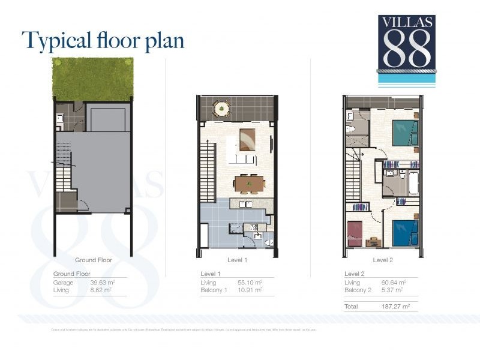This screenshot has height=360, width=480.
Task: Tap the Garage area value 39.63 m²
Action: pyautogui.click(x=101, y=282)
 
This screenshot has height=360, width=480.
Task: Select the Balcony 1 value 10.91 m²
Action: pyautogui.click(x=250, y=290)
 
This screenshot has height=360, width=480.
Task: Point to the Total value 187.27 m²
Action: pyautogui.click(x=397, y=306)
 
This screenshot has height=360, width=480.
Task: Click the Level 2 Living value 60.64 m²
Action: pyautogui.click(x=394, y=282)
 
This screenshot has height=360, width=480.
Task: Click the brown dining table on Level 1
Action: pyautogui.click(x=249, y=182)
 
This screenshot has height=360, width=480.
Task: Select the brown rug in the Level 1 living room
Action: pyautogui.click(x=247, y=140)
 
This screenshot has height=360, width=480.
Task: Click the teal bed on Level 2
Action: pyautogui.click(x=404, y=133)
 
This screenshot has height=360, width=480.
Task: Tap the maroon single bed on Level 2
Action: pyautogui.click(x=355, y=233)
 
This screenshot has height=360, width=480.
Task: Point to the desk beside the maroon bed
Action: pyautogui.click(x=372, y=242)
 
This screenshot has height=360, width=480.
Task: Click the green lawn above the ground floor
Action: pyautogui.click(x=92, y=79)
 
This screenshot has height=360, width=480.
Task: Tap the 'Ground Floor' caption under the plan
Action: pyautogui.click(x=94, y=260)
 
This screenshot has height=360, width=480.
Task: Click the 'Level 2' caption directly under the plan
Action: pyautogui.click(x=383, y=260)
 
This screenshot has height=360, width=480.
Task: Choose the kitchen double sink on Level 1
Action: pyautogui.click(x=245, y=204)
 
